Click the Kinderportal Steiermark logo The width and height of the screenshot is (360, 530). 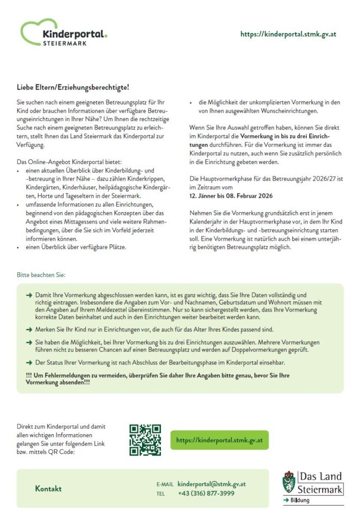coord(63,33)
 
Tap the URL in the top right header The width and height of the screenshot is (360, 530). coord(288,34)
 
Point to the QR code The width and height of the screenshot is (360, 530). coord(145,440)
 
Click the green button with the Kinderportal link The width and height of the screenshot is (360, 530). coord(220,440)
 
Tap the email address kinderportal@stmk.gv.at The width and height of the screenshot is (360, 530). coord(212,484)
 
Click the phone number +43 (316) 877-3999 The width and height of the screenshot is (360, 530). coord(206,493)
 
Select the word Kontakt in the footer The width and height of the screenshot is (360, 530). coord(48,489)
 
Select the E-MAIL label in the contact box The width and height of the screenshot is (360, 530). coord(165,484)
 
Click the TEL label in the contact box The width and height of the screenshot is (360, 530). coord(160,494)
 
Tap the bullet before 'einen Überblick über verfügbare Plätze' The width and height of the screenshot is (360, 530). coord(19,247)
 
